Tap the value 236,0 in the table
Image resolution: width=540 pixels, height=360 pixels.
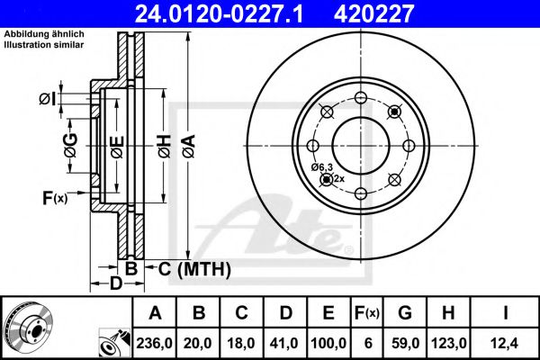point(156,342)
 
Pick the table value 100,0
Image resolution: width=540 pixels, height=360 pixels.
point(328,342)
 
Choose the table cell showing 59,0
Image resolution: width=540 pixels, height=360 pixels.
point(404,342)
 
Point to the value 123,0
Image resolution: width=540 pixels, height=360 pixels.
point(447,342)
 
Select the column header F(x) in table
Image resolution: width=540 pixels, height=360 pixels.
point(369,313)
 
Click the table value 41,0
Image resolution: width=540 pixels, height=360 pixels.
point(285,342)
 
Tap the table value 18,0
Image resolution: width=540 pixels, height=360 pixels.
point(242,342)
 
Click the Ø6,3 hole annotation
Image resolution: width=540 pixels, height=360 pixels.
point(322,167)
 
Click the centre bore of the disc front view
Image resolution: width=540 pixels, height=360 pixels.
point(360,144)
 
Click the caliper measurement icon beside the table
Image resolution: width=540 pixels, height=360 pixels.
point(113,343)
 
